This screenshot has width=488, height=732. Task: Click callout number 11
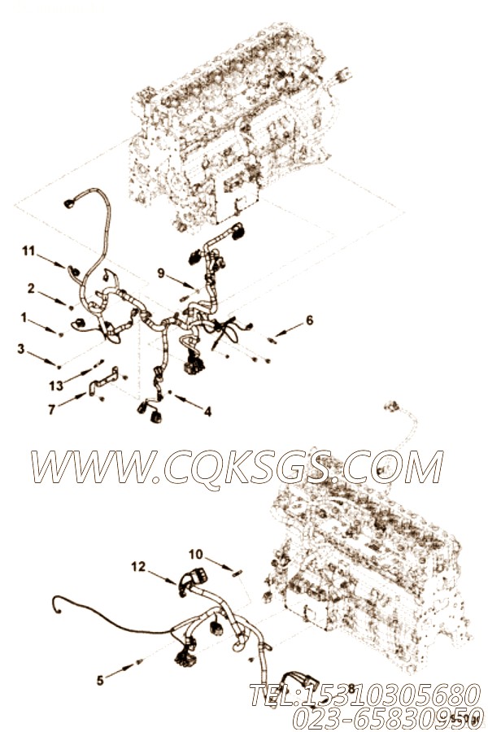click(28, 253)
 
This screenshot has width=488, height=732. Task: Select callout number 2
click(30, 288)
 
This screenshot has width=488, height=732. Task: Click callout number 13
click(56, 385)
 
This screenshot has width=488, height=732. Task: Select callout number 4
click(207, 412)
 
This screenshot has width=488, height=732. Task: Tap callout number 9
click(161, 273)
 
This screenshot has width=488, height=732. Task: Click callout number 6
click(309, 320)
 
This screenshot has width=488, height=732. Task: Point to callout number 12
click(137, 566)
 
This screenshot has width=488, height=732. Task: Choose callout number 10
click(195, 556)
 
